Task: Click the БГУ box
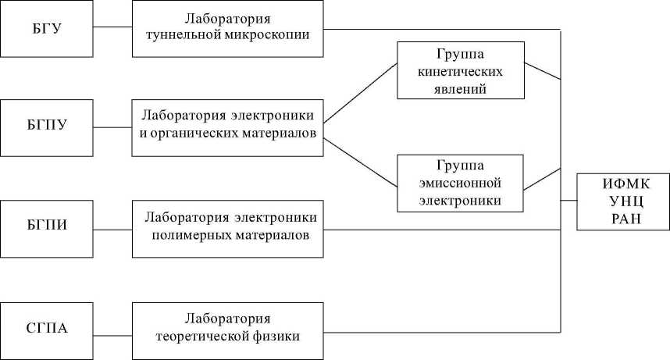[48, 29]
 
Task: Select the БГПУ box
[48, 127]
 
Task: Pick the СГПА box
[48, 328]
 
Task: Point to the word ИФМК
[622, 185]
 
